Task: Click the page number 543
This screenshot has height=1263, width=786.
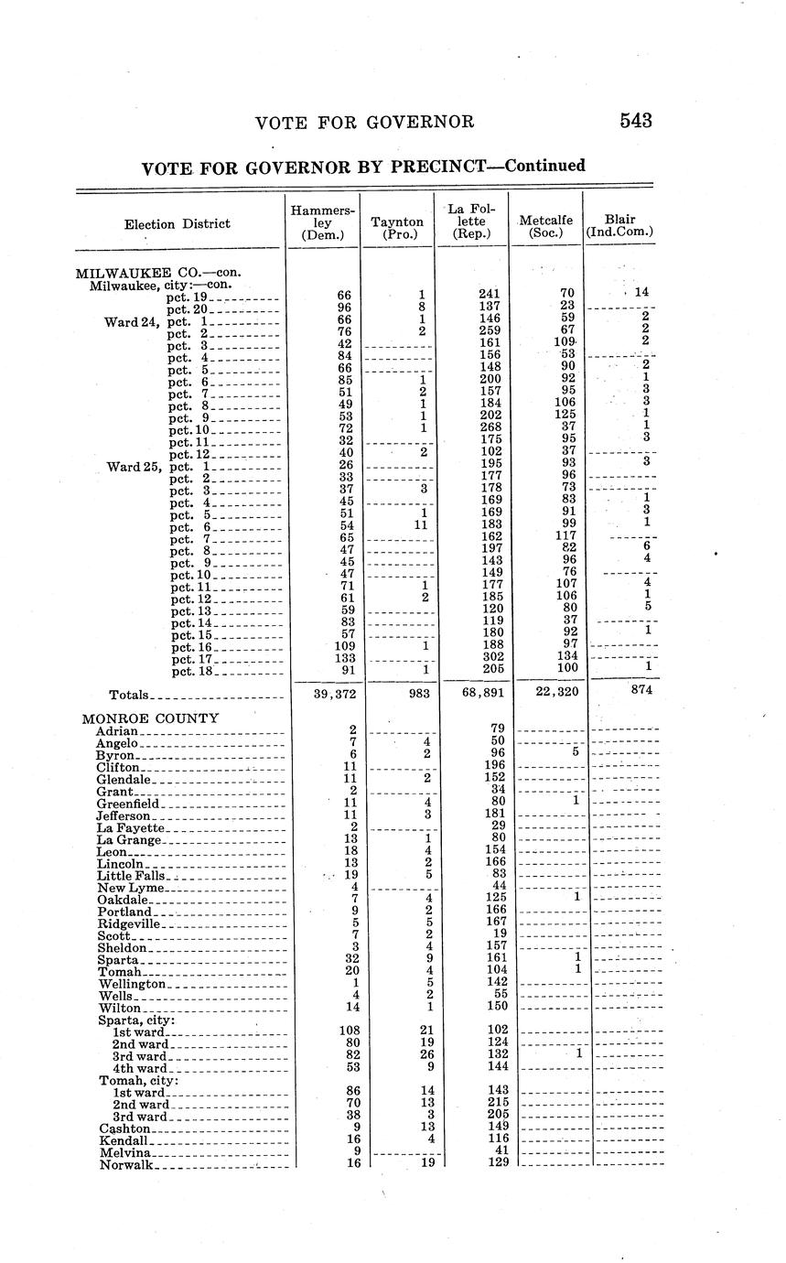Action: pos(634,121)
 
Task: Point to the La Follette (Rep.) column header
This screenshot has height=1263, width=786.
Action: pos(471,222)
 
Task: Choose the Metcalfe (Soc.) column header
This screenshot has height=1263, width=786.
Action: pos(545,226)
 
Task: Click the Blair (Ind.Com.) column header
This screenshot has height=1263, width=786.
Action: pos(620,226)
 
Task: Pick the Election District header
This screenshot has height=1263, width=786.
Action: pos(178,224)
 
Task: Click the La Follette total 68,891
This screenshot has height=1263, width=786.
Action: pos(471,694)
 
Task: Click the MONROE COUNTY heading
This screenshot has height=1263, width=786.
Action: pos(150,718)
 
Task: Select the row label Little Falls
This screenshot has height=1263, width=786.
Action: pos(132,876)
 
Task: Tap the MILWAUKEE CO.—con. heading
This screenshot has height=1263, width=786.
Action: pos(157,272)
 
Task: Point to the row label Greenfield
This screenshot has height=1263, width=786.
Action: pos(128,803)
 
